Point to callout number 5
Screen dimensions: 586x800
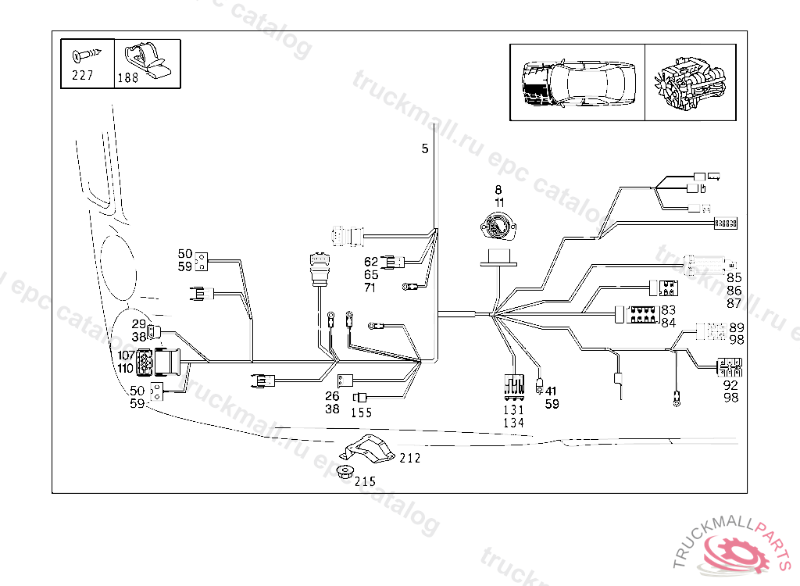425,148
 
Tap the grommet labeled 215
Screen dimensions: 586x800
344,472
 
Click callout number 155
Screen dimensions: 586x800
361,413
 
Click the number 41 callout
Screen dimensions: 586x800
552,391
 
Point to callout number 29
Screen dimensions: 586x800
138,323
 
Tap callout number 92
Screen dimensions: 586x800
730,385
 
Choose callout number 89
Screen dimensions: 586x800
737,327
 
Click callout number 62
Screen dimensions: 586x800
370,262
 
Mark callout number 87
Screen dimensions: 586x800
734,302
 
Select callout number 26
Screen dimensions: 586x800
332,396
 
